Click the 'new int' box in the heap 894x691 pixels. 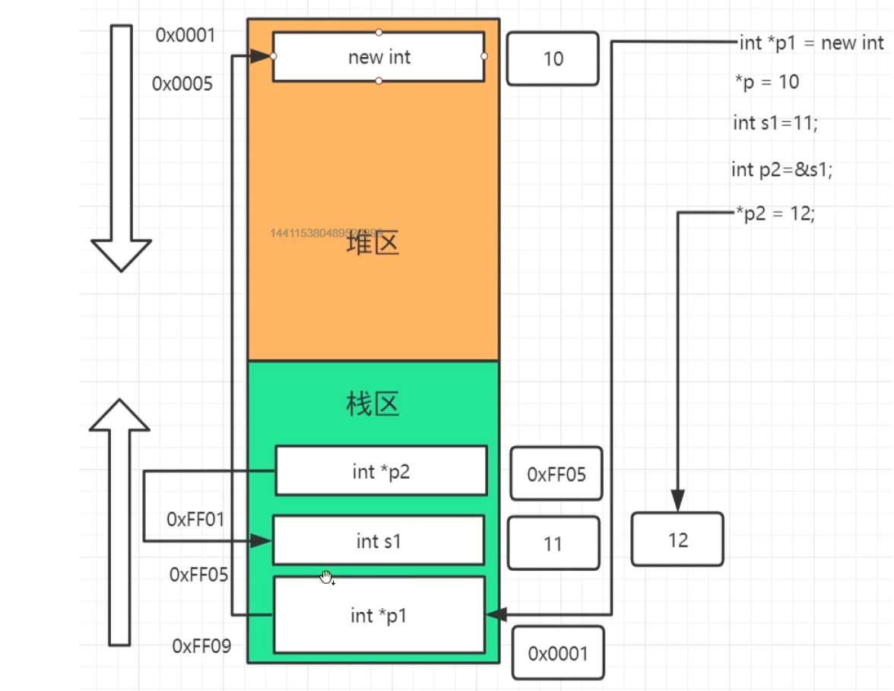pyautogui.click(x=379, y=57)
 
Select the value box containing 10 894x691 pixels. pyautogui.click(x=553, y=59)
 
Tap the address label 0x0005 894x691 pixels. pyautogui.click(x=182, y=84)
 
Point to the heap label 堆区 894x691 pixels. pyautogui.click(x=372, y=244)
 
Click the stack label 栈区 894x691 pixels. pyautogui.click(x=372, y=404)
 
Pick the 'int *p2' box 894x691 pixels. pyautogui.click(x=381, y=471)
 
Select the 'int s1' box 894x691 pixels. pyautogui.click(x=378, y=540)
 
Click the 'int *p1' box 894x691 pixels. pyautogui.click(x=379, y=615)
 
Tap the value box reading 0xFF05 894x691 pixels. pyautogui.click(x=557, y=474)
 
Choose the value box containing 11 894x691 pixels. pyautogui.click(x=553, y=544)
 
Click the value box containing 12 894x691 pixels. pyautogui.click(x=677, y=540)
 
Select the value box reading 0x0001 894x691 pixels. pyautogui.click(x=558, y=653)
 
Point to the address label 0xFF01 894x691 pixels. pyautogui.click(x=196, y=520)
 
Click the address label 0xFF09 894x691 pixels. pyautogui.click(x=201, y=646)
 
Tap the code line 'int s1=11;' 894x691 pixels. pyautogui.click(x=775, y=123)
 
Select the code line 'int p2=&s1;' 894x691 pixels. pyautogui.click(x=782, y=170)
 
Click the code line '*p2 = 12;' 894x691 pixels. pyautogui.click(x=775, y=214)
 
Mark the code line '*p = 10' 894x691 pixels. pyautogui.click(x=767, y=81)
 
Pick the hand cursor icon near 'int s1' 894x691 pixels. pyautogui.click(x=327, y=578)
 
